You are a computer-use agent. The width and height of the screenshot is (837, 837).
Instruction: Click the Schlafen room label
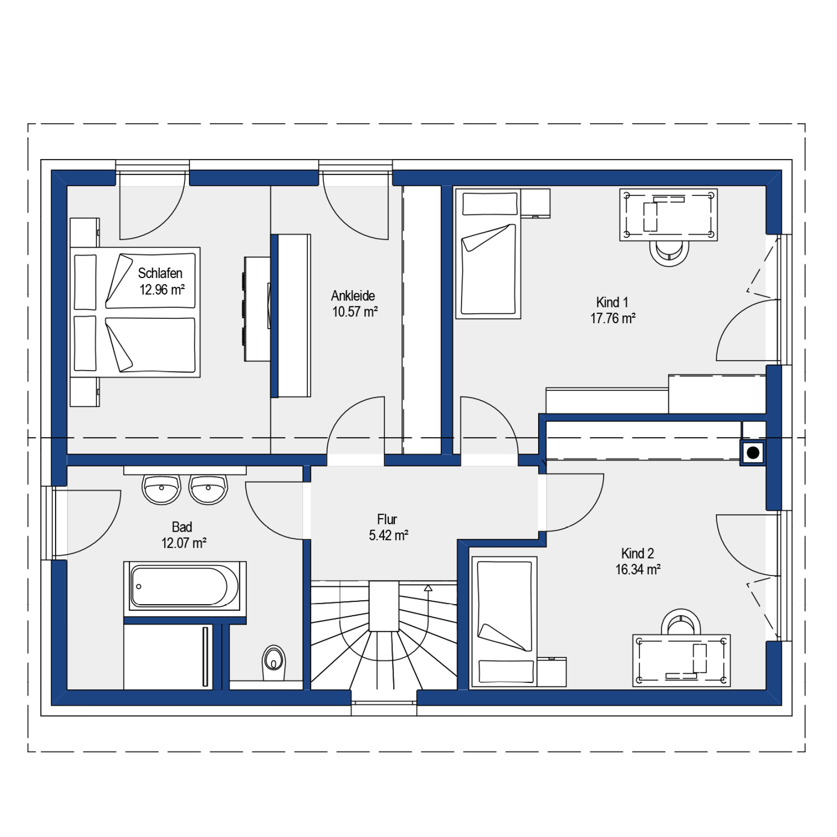tap(160, 273)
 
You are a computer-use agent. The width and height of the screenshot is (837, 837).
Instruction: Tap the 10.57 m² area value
tap(355, 312)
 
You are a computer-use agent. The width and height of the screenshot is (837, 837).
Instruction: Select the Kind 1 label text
tap(612, 302)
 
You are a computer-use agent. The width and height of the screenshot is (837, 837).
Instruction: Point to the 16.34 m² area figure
tap(638, 569)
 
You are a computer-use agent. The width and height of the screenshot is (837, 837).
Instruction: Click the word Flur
tap(387, 519)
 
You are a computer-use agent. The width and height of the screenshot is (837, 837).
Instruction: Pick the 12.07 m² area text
tap(184, 543)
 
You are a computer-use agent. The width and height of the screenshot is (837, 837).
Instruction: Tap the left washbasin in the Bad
tap(161, 489)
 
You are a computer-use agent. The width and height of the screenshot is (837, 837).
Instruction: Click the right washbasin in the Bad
tap(208, 489)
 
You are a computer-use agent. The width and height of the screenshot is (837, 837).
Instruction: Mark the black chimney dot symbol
tap(753, 453)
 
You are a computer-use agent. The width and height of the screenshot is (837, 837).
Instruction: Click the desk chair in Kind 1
tap(669, 253)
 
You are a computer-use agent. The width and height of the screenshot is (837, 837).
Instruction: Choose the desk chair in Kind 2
tap(681, 622)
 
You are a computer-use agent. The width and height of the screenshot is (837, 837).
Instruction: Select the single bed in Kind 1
tap(488, 254)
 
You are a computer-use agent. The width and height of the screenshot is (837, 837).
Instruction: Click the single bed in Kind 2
tap(504, 622)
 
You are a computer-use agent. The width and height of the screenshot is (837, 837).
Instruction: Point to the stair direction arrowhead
tap(428, 588)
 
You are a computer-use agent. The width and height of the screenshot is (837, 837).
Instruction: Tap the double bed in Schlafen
tap(135, 312)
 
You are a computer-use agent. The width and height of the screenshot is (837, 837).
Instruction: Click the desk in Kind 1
tap(668, 215)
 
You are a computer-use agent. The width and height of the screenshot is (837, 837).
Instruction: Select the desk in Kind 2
tap(681, 660)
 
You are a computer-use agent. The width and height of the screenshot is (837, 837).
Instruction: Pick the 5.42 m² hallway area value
tap(388, 536)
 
